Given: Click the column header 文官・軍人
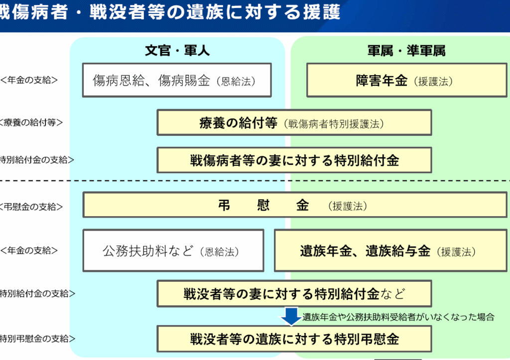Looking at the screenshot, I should tap(177, 51).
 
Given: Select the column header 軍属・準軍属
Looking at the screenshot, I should tap(406, 51).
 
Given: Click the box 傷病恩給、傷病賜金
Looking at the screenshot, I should tap(177, 80).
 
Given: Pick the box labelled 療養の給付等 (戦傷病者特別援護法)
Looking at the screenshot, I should tap(294, 123).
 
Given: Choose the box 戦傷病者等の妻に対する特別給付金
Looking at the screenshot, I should tap(294, 160).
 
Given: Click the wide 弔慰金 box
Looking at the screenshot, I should tap(294, 206).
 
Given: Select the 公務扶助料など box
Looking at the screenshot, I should tap(173, 251).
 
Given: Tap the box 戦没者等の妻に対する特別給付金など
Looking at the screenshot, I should tap(294, 294).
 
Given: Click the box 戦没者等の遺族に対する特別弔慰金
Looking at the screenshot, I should tap(294, 340).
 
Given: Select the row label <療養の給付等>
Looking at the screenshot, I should tap(32, 122).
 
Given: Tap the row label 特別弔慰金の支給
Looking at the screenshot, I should tap(38, 339).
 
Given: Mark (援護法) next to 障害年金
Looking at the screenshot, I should tap(433, 81).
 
